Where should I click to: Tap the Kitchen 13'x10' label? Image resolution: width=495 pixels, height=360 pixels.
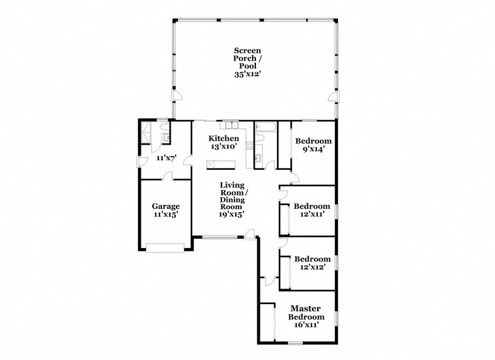pyautogui.click(x=223, y=143)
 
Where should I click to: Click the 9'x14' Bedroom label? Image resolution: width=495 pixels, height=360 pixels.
pyautogui.click(x=313, y=145)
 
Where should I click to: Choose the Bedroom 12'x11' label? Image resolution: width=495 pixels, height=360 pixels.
pyautogui.click(x=312, y=210)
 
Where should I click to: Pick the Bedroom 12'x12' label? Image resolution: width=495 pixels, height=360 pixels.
pyautogui.click(x=312, y=262)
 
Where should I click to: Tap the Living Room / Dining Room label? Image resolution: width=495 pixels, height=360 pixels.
pyautogui.click(x=232, y=199)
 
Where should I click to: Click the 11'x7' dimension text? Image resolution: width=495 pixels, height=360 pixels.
pyautogui.click(x=166, y=158)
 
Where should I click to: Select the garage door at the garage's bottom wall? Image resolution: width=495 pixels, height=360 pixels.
pyautogui.click(x=165, y=247)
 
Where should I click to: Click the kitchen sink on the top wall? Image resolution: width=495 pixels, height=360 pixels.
pyautogui.click(x=231, y=125)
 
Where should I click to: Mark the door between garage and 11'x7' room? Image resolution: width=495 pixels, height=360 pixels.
pyautogui.click(x=169, y=176)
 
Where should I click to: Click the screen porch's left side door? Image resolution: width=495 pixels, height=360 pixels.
pyautogui.click(x=174, y=98)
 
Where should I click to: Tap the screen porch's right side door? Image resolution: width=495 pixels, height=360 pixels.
pyautogui.click(x=333, y=98)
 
